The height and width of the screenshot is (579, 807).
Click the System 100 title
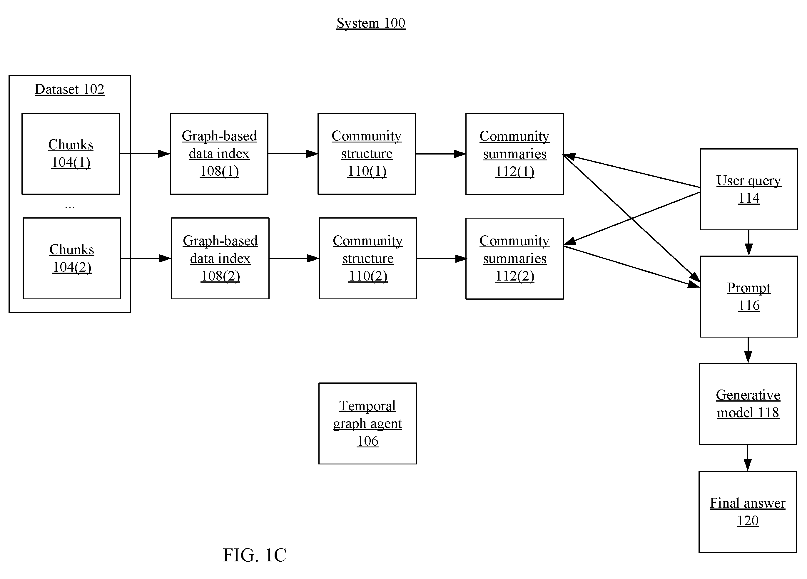pyautogui.click(x=371, y=24)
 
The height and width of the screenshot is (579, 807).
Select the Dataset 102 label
pyautogui.click(x=69, y=89)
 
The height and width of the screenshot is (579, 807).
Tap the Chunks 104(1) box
pyautogui.click(x=71, y=154)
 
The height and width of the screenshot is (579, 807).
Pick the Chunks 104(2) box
pyautogui.click(x=72, y=259)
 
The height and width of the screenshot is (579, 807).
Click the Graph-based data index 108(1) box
pyautogui.click(x=219, y=154)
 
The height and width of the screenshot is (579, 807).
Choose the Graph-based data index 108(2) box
pyautogui.click(x=220, y=259)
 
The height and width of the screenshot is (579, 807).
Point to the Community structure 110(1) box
pyautogui.click(x=367, y=154)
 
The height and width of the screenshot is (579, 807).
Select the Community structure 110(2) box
pyautogui.click(x=368, y=259)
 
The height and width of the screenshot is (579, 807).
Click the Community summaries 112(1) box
pyautogui.click(x=514, y=154)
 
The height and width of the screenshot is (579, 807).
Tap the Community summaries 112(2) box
pyautogui.click(x=514, y=259)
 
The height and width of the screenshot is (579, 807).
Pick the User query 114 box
pyautogui.click(x=749, y=189)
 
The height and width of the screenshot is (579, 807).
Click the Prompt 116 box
pyautogui.click(x=749, y=297)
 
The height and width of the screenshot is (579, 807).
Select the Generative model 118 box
pyautogui.click(x=748, y=404)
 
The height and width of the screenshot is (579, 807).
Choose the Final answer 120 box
pyautogui.click(x=748, y=512)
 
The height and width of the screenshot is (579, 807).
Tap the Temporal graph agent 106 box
pyautogui.click(x=367, y=424)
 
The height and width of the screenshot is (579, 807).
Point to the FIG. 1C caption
pyautogui.click(x=255, y=555)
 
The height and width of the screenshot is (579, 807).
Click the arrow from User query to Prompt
pyautogui.click(x=749, y=243)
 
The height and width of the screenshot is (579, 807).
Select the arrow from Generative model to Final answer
pyautogui.click(x=748, y=458)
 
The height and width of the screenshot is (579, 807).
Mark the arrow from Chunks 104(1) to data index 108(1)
pyautogui.click(x=145, y=154)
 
